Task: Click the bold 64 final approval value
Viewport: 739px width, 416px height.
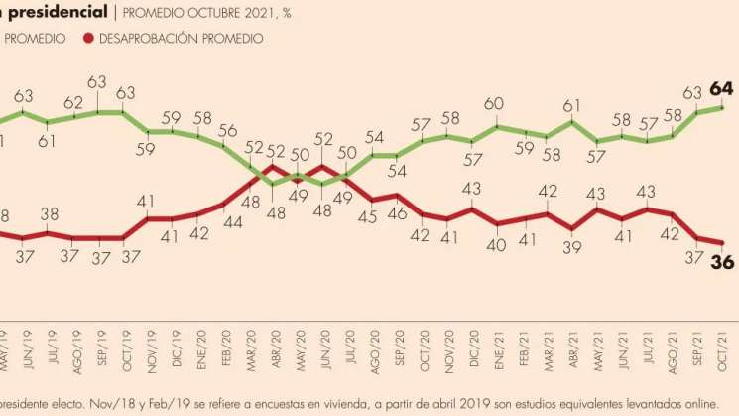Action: coord(720,90)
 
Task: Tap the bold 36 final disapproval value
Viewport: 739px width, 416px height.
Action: coord(721,260)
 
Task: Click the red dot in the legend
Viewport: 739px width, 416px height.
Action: coord(89,38)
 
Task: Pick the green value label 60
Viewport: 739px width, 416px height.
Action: coord(495,105)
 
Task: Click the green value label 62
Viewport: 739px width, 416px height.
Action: coord(73,102)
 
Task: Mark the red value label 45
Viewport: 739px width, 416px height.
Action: coord(373,219)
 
